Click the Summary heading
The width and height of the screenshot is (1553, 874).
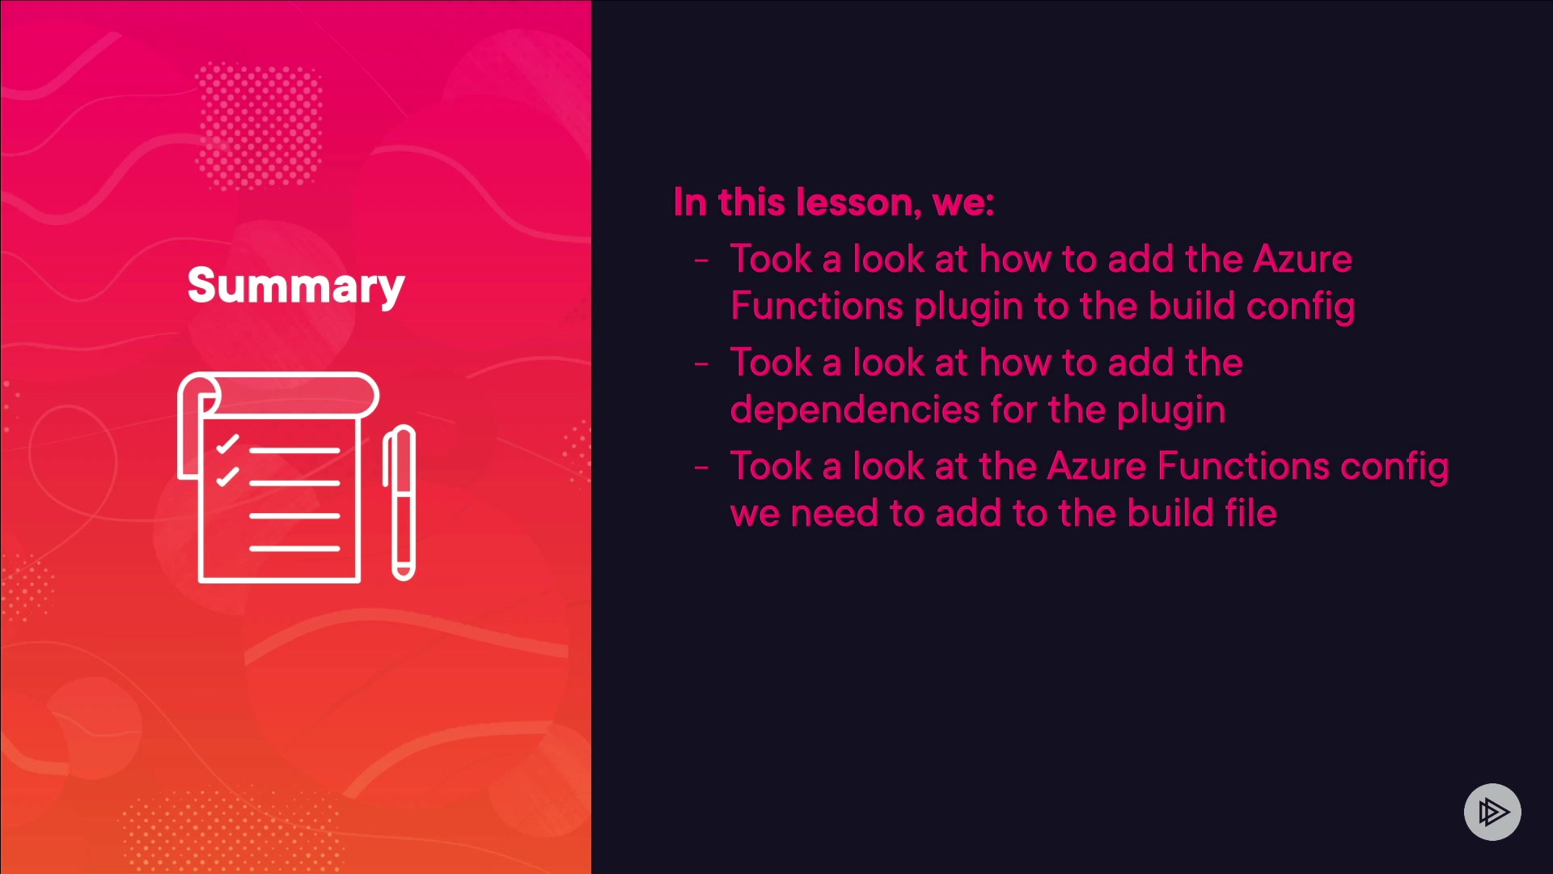[296, 286]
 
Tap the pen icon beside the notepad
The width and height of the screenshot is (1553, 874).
[400, 503]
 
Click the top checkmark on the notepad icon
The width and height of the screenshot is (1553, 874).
[227, 443]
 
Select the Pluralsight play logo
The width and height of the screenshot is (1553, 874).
[1492, 812]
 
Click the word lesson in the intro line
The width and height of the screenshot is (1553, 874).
[858, 202]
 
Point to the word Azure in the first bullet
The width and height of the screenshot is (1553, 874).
[1302, 259]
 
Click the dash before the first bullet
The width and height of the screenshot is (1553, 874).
[701, 261]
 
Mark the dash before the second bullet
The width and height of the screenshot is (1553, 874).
[701, 364]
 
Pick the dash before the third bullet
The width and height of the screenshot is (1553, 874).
[701, 468]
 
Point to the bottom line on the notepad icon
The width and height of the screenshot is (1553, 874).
[294, 549]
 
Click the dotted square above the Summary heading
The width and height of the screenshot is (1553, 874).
[259, 125]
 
